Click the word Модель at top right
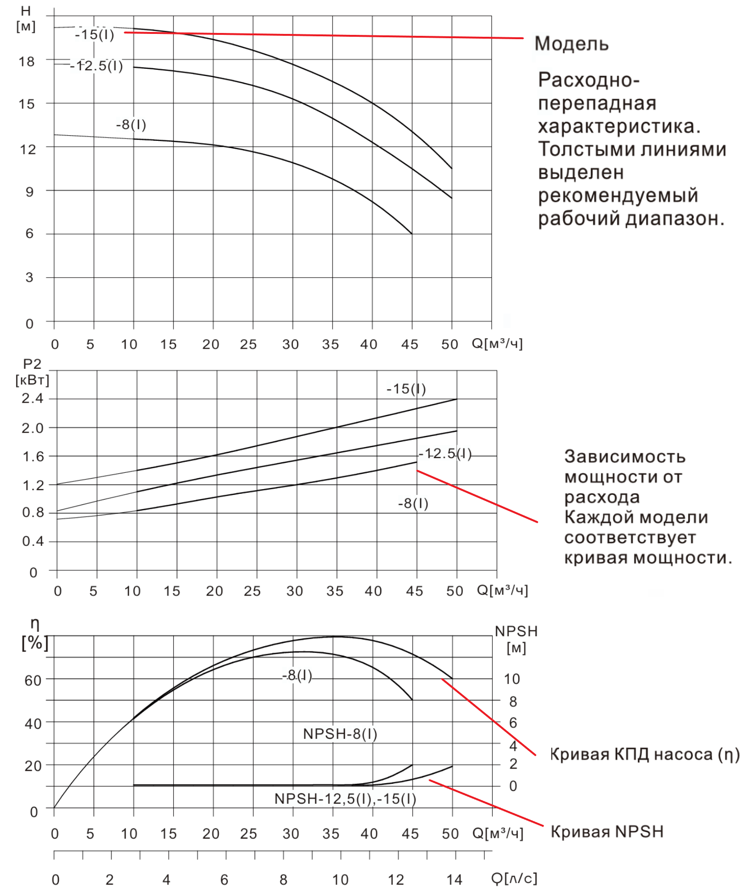point(571,44)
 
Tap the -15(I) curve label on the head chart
point(95,34)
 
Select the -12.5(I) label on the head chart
point(96,65)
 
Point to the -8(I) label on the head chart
point(131,125)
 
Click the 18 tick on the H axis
point(27,62)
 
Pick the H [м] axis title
point(26,19)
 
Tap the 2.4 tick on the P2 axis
point(32,398)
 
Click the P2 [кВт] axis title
point(32,372)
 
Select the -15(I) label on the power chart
point(406,389)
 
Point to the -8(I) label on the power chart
point(413,503)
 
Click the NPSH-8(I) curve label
point(340,734)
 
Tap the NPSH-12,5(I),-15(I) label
point(345,799)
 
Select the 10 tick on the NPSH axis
point(512,679)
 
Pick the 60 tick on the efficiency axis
point(33,680)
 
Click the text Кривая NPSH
point(607,832)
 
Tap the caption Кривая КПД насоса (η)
point(645,755)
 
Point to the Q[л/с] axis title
point(514,878)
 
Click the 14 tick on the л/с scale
point(454,879)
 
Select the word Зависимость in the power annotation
point(625,457)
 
